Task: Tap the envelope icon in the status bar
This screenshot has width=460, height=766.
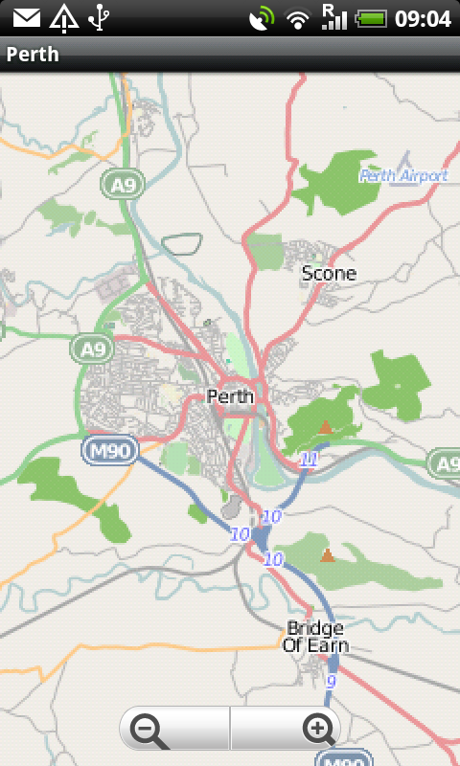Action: [x=27, y=17]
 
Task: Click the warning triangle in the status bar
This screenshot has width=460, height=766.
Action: [x=64, y=17]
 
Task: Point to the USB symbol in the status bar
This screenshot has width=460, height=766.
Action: [x=98, y=17]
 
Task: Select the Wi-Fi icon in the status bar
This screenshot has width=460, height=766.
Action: [x=299, y=18]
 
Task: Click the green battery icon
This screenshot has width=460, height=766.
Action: [x=371, y=18]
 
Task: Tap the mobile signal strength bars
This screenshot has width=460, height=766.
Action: [x=333, y=17]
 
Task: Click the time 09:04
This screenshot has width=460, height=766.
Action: [x=423, y=18]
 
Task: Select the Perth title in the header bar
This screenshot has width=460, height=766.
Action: [x=33, y=55]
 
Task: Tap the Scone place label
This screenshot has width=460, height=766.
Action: [x=329, y=274]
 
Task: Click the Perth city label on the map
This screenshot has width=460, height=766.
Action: [x=230, y=396]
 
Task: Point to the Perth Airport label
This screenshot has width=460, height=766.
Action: [x=403, y=176]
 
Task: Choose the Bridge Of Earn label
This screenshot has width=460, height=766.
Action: [x=315, y=637]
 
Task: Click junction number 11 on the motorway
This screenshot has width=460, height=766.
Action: [x=308, y=460]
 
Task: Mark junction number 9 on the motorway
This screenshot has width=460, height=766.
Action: [x=331, y=683]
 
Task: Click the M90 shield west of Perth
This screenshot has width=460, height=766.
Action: [x=110, y=450]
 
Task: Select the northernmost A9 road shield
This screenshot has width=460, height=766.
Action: [x=122, y=185]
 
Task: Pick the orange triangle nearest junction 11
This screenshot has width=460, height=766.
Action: [x=325, y=427]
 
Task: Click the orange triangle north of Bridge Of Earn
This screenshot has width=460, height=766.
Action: [x=328, y=554]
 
